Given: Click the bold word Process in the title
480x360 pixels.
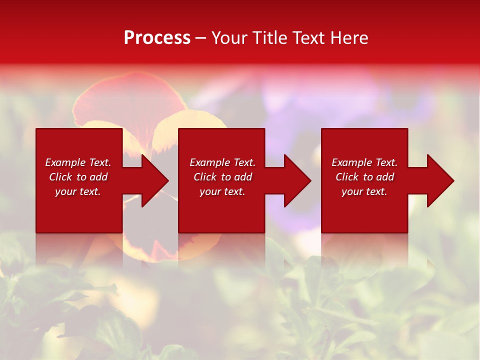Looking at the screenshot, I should [157, 38].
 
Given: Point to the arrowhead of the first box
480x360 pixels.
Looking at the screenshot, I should [154, 180].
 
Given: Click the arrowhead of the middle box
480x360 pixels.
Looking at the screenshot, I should [297, 180].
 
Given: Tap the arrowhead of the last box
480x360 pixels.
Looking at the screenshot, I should [440, 180].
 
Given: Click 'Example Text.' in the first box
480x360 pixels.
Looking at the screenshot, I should [78, 162].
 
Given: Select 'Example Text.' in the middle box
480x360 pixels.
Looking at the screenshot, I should [222, 162].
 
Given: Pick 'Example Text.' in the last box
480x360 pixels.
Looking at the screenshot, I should [364, 162].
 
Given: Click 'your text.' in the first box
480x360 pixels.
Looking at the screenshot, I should [78, 191].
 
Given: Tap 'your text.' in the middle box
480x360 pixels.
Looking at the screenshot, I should [222, 191].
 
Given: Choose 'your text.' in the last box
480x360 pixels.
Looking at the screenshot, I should [364, 191].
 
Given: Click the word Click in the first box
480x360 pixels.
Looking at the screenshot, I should [60, 177].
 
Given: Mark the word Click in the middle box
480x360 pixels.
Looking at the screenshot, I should [205, 177].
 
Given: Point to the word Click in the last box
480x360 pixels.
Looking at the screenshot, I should [347, 177].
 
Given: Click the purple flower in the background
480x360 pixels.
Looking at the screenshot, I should [320, 100].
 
